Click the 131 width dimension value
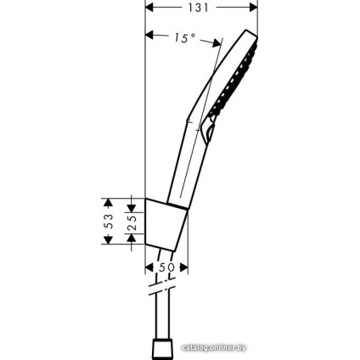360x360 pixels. (x=201, y=8)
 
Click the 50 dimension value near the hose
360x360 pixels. (x=166, y=267)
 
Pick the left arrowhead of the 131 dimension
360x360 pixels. (x=150, y=8)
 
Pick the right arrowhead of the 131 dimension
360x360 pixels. (x=253, y=8)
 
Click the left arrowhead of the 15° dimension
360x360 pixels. (x=150, y=37)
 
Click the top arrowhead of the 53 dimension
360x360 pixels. (x=108, y=202)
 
